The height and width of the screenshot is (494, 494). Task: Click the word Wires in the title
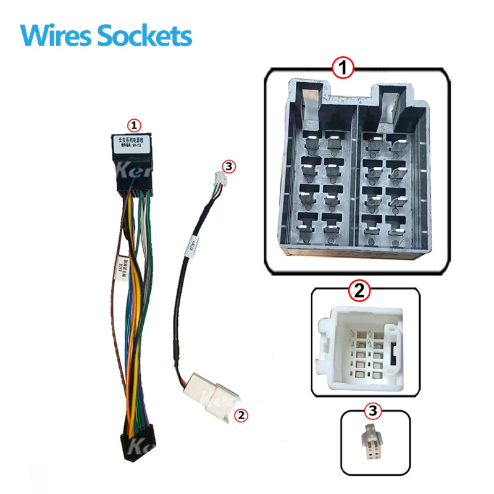[x=52, y=35]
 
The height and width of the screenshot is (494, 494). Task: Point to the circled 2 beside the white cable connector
[x=242, y=416]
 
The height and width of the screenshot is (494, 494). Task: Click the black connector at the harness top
[x=132, y=173]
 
